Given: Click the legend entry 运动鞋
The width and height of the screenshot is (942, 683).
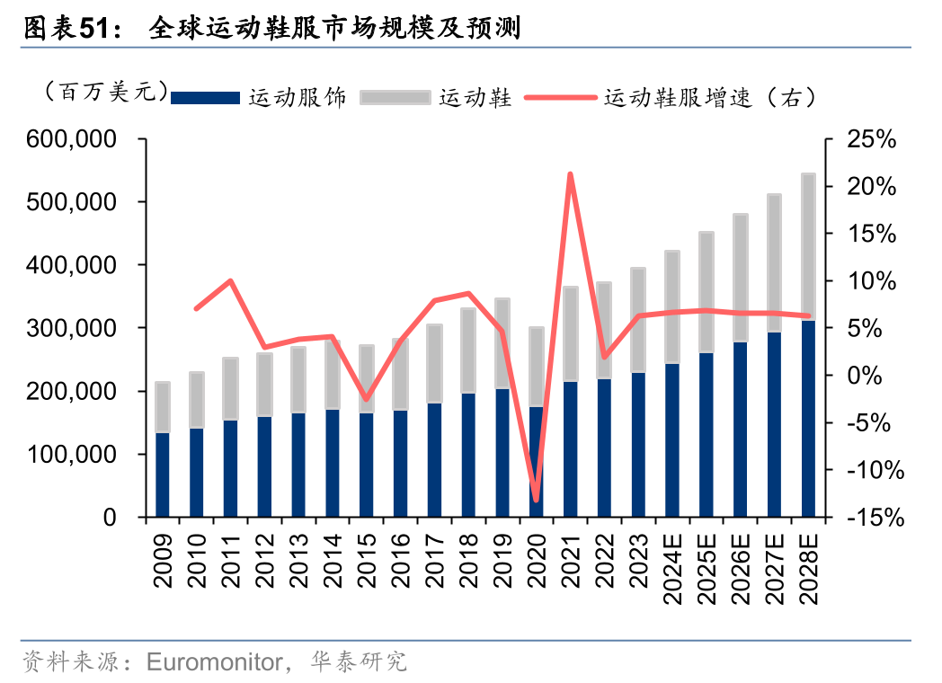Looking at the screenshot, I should tap(475, 98).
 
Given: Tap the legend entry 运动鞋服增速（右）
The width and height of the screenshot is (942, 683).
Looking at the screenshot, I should tap(710, 98).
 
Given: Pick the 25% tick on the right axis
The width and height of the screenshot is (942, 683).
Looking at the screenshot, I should tap(873, 139).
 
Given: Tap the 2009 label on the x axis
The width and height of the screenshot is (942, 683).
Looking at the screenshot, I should tap(164, 560).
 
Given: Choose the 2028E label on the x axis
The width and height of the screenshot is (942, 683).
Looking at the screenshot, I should tap(809, 569).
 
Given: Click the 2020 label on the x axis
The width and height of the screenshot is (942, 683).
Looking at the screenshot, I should tap(537, 560).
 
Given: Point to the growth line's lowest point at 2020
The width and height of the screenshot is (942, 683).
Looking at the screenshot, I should tap(537, 500).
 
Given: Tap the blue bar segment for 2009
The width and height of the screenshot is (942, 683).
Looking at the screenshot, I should tap(163, 475).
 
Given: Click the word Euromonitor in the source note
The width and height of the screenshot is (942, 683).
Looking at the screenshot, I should tap(213, 663).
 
